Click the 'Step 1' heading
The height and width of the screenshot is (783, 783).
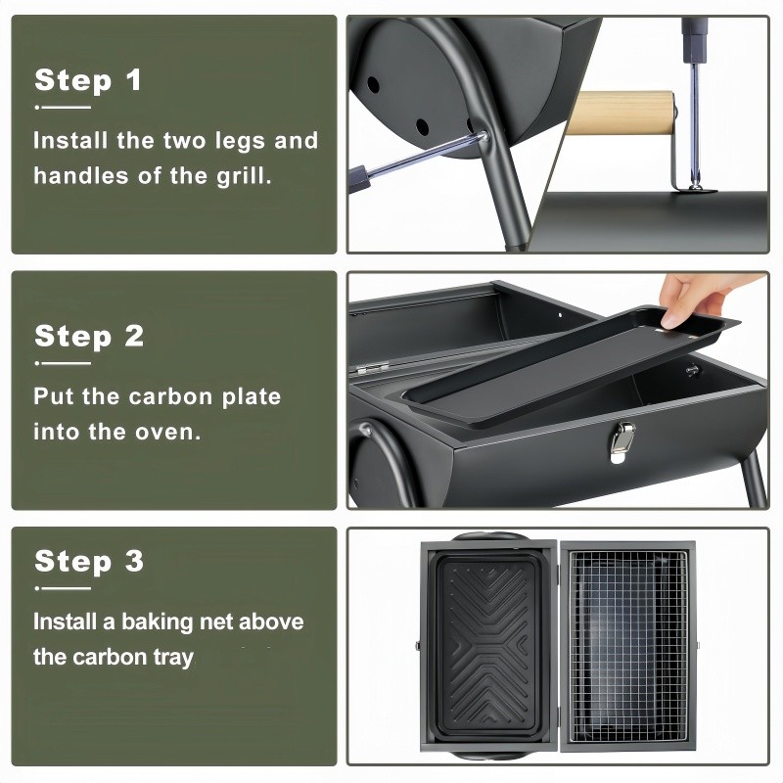pos(88,80)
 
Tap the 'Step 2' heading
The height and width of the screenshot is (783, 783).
pos(89,336)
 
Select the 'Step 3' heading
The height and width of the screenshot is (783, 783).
pos(89,560)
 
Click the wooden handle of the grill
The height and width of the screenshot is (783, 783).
pos(621,113)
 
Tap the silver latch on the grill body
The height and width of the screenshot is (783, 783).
pos(622,442)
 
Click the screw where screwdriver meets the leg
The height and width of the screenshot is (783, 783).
pos(483,135)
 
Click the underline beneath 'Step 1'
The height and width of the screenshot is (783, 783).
pos(63,107)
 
